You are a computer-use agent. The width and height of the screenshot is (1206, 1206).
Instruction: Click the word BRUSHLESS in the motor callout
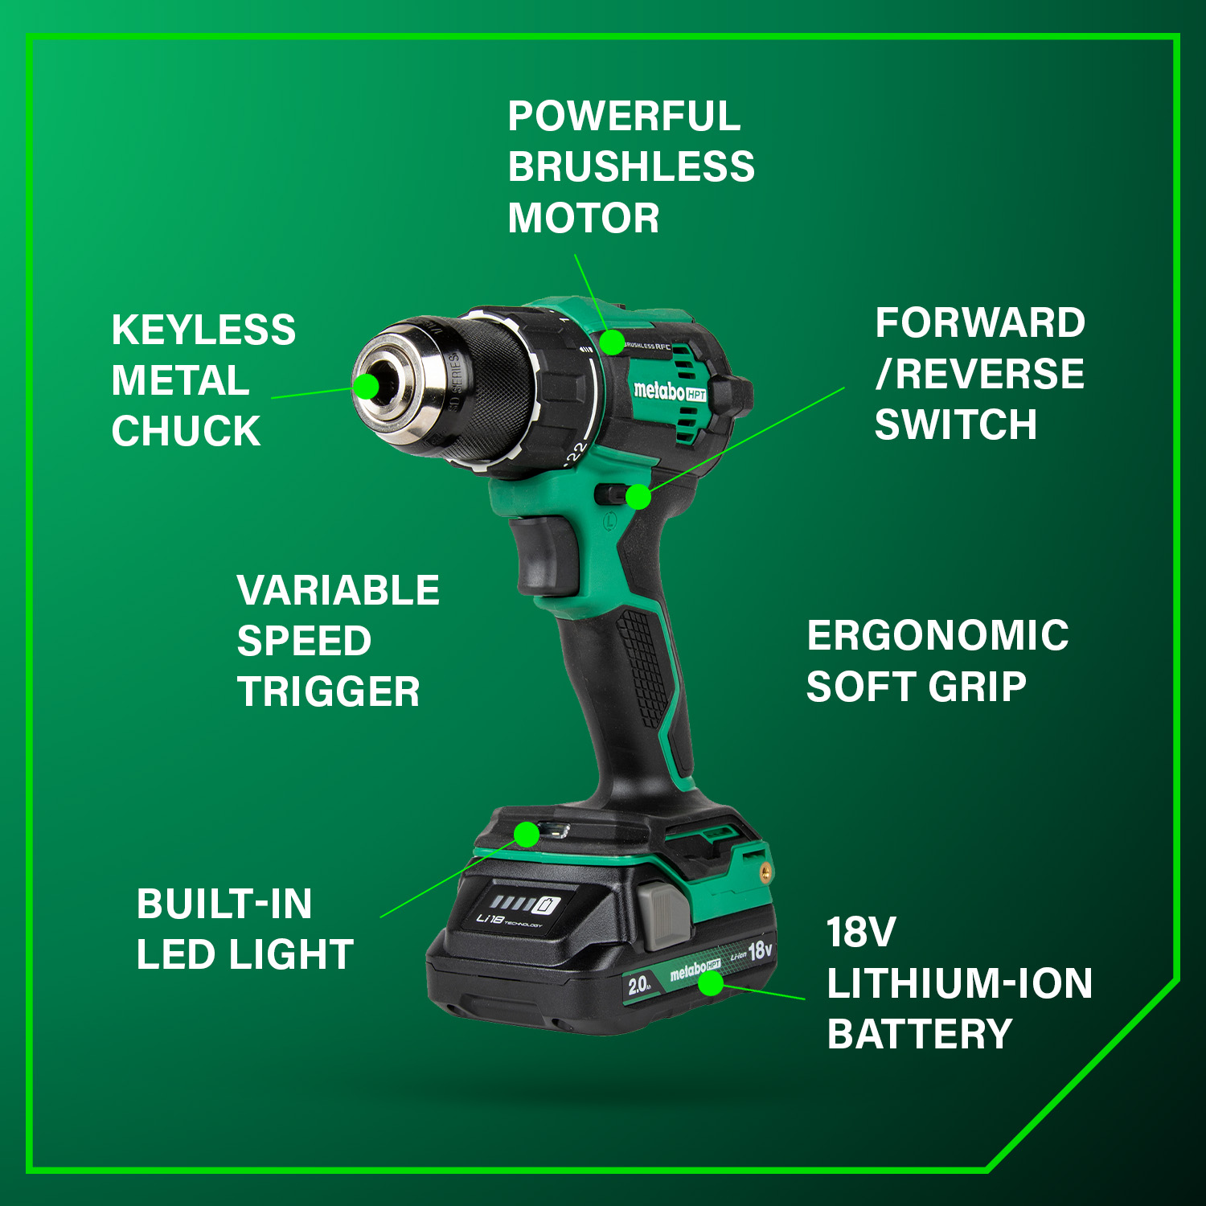(631, 167)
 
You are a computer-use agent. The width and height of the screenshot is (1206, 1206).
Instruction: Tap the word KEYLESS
(203, 330)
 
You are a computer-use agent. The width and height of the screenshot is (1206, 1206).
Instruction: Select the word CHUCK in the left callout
(186, 432)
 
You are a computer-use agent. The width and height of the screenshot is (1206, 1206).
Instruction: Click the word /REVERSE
(980, 374)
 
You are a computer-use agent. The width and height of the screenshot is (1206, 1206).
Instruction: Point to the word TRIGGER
(328, 692)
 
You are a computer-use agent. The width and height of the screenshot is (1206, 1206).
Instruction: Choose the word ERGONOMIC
(937, 636)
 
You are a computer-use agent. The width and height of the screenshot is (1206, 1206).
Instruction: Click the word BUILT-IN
(224, 904)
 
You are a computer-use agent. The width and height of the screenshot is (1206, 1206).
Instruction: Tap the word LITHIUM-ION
(959, 983)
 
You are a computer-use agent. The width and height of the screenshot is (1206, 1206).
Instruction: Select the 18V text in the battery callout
(860, 933)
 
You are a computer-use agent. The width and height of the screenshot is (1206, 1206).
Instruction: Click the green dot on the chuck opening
(367, 386)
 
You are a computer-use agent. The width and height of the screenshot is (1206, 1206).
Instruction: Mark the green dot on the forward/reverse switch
(638, 497)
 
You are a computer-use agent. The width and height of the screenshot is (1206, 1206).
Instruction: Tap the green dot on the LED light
(527, 835)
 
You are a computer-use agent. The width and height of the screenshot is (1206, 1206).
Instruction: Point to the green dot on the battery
(711, 982)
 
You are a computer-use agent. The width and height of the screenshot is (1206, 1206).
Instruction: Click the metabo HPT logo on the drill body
(669, 392)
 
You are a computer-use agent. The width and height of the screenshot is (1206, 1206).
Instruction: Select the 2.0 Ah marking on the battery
(640, 985)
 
